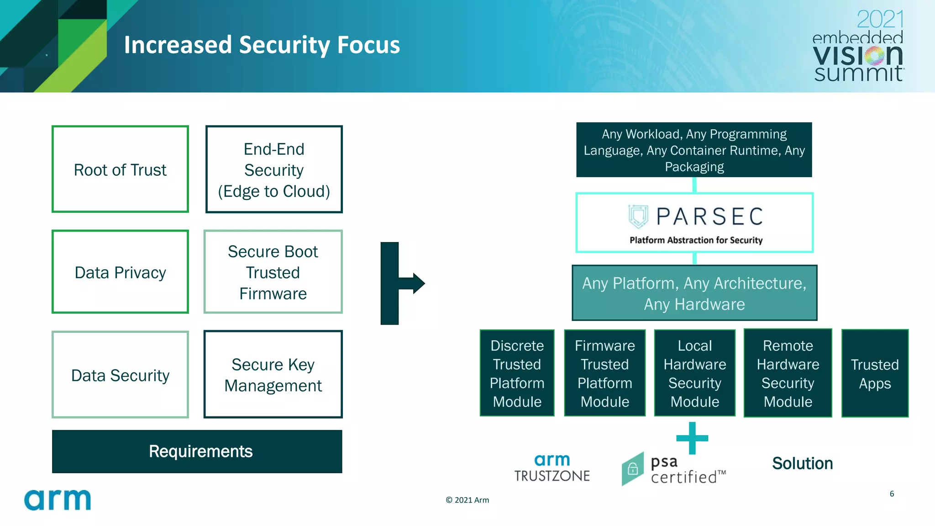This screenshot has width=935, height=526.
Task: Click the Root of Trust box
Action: click(x=120, y=169)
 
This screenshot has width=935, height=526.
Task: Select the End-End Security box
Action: click(x=274, y=169)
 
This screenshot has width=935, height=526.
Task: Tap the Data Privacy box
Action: click(x=120, y=272)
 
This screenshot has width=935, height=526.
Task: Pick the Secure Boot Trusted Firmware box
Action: click(x=273, y=272)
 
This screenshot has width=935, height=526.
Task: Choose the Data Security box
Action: click(x=120, y=375)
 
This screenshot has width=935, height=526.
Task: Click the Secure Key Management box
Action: click(x=273, y=375)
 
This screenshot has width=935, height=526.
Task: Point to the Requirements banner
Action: click(x=197, y=451)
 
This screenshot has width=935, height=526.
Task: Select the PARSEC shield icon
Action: click(x=638, y=216)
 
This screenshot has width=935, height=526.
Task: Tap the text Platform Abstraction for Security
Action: click(x=696, y=240)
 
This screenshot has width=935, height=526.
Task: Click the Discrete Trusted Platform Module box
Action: click(x=517, y=373)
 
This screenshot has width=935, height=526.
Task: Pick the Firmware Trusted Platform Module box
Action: click(x=604, y=373)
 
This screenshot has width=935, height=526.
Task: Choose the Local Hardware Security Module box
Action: click(x=694, y=373)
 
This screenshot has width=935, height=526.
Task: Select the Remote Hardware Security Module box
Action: click(x=788, y=373)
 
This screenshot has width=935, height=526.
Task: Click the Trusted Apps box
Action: click(x=874, y=373)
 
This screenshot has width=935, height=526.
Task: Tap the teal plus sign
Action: click(x=692, y=438)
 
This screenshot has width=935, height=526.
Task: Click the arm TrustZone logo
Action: click(x=552, y=468)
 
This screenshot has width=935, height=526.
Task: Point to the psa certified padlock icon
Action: click(x=633, y=469)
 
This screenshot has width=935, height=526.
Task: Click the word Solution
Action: click(x=802, y=463)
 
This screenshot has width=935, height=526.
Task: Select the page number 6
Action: click(x=892, y=494)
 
